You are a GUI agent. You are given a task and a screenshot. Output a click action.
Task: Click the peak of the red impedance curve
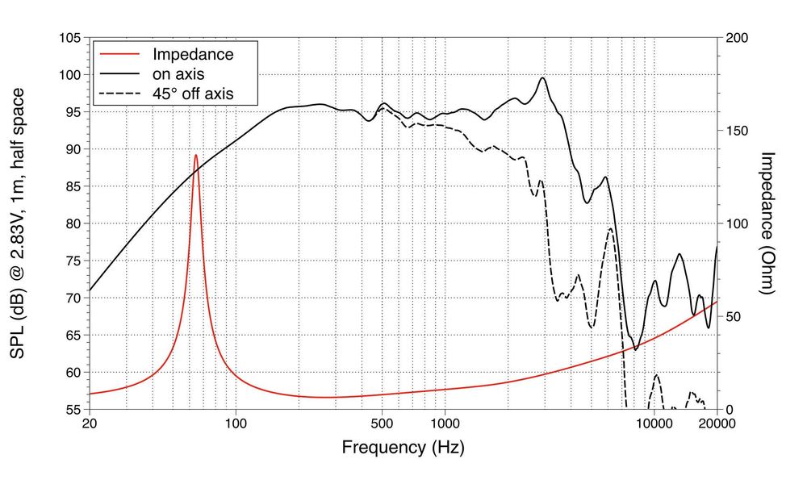pos(195,155)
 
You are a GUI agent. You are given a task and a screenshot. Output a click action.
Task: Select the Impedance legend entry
pos(193,55)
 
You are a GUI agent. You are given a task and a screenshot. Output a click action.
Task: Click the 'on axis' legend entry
pos(178,75)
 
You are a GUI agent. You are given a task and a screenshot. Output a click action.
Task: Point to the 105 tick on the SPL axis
pos(71,38)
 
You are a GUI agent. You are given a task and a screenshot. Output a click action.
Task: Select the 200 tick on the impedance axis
pos(736,38)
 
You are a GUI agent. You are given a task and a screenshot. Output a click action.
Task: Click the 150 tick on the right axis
pos(736,131)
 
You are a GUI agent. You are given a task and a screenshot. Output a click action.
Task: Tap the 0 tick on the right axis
pos(730,409)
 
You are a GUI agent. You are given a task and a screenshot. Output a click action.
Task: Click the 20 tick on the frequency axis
pos(90,422)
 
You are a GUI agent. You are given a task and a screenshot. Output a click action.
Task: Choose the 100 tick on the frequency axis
pos(236,422)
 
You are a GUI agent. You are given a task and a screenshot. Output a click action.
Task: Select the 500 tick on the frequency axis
pos(382,422)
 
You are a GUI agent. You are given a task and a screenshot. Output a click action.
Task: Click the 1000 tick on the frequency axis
pos(445,422)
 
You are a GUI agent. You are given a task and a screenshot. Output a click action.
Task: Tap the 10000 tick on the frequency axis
pos(654,422)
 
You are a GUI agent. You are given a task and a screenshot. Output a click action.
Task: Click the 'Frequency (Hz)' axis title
pos(403,446)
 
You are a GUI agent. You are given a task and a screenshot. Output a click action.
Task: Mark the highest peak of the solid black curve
pos(543,78)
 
